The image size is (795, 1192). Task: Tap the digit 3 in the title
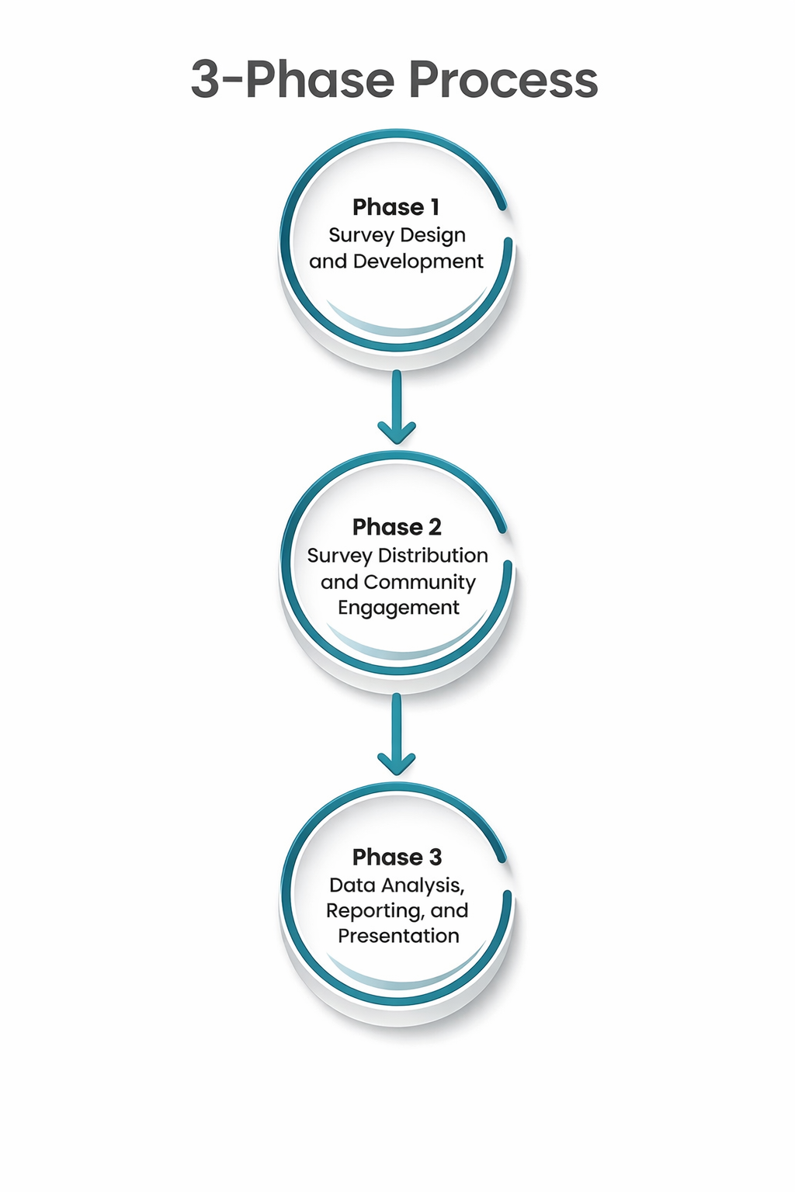206,81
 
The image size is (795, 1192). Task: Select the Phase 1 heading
396,207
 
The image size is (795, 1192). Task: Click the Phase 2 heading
397,527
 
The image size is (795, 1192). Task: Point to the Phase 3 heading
397,857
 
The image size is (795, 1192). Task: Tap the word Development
418,262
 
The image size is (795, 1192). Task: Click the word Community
419,582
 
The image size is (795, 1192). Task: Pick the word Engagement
398,608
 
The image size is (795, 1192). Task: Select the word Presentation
398,936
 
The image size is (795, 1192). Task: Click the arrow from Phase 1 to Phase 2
397,407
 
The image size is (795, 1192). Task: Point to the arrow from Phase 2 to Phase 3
397,735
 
